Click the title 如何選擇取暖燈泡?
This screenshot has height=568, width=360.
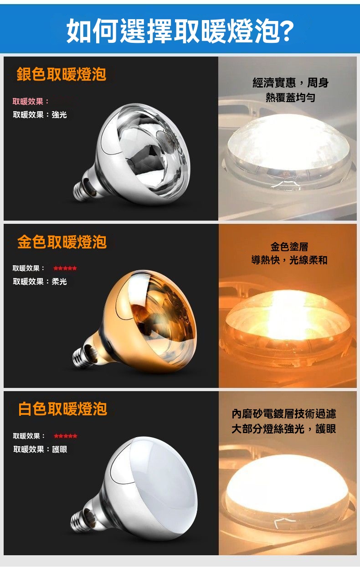(x=180, y=31)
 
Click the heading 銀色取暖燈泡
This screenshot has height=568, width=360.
(x=62, y=74)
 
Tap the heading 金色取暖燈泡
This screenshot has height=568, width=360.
(x=62, y=242)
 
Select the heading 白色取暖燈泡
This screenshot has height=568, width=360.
(x=62, y=409)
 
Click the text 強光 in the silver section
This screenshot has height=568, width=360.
(x=59, y=115)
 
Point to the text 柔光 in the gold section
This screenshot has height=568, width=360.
(x=59, y=281)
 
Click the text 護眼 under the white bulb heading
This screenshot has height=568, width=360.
(x=60, y=449)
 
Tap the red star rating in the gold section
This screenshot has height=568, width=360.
(x=65, y=269)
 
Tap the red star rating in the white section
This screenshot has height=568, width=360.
(x=66, y=436)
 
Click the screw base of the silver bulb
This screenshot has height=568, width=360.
(x=82, y=189)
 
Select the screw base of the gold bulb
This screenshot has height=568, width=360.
(x=82, y=356)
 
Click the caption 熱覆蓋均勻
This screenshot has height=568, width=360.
(x=291, y=98)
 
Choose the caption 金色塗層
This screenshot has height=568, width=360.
(x=289, y=247)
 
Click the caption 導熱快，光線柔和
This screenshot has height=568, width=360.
(x=289, y=260)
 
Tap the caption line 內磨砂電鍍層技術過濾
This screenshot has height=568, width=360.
(x=284, y=414)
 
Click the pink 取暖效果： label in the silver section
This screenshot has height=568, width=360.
(x=31, y=101)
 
